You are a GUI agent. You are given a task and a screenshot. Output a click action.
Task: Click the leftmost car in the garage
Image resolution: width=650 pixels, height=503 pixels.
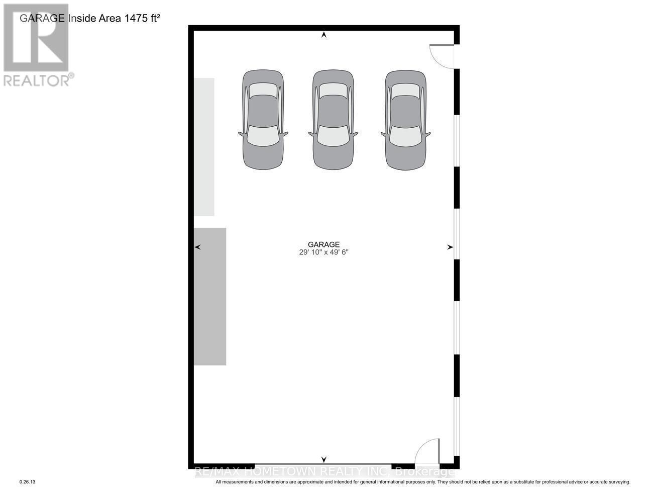(x=263, y=120)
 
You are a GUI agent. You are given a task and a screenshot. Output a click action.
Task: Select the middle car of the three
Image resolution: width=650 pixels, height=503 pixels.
(x=333, y=120)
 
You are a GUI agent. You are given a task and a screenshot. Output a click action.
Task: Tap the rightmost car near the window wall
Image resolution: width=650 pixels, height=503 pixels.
(x=406, y=120)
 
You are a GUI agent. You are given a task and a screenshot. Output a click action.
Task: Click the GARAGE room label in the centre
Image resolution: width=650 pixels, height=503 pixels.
(x=324, y=244)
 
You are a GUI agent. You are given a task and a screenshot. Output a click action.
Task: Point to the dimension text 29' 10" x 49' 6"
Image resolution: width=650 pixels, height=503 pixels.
(x=324, y=253)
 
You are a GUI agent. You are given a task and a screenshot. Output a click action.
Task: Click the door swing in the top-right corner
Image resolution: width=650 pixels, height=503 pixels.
(x=442, y=56)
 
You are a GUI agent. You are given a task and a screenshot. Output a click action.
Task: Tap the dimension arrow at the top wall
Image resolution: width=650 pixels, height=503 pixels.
(x=324, y=35)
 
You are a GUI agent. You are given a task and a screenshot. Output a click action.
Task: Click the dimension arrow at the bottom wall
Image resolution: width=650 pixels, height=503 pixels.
(x=324, y=459)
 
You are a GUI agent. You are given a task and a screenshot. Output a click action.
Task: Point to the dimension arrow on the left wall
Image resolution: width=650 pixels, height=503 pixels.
(x=197, y=247)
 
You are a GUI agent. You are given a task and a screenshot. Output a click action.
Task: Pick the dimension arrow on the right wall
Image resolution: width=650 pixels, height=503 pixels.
(x=450, y=247)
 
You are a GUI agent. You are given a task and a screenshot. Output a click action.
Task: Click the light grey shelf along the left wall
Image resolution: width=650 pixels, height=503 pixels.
(x=204, y=147)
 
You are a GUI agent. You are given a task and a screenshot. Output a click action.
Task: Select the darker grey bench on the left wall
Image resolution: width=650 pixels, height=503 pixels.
(x=210, y=296)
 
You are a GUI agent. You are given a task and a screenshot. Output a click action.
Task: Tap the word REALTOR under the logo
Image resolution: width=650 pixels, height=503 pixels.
(x=36, y=80)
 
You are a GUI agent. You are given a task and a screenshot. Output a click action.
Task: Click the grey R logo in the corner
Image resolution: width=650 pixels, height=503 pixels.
(x=36, y=38)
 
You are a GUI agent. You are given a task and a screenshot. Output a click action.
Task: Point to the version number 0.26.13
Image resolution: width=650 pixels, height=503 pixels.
(x=28, y=482)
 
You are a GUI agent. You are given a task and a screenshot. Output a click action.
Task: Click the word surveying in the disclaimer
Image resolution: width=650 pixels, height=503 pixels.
(x=616, y=482)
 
